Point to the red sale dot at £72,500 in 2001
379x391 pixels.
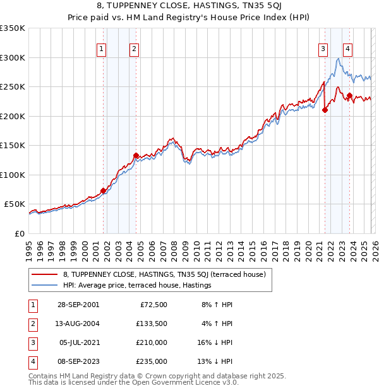[x=104, y=190]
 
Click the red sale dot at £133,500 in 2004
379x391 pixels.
[x=136, y=155]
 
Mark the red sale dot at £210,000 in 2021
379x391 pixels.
[x=325, y=110]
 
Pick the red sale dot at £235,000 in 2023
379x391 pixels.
[x=349, y=95]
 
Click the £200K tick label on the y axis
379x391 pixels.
[x=13, y=116]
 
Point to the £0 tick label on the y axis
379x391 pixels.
[x=19, y=233]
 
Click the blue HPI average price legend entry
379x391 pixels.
[x=136, y=286]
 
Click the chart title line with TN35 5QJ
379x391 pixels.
[x=189, y=7]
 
